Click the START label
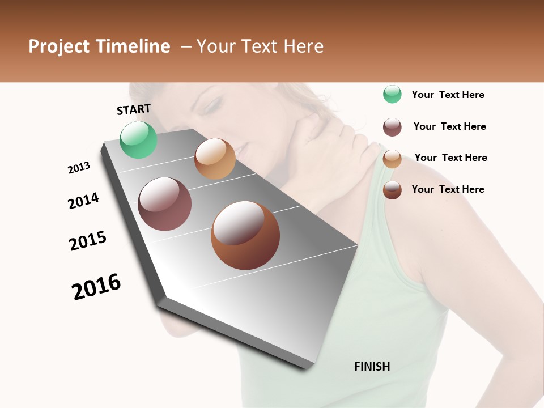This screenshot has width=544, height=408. [134, 109]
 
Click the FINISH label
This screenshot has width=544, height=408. [372, 367]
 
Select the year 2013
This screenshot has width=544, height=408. [79, 168]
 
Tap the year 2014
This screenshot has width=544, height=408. [83, 201]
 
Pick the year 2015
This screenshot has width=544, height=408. [88, 241]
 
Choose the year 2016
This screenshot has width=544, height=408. [96, 287]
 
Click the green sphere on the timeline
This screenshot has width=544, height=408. [138, 139]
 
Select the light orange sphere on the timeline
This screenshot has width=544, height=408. [215, 159]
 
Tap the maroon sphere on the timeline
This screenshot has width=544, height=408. [164, 204]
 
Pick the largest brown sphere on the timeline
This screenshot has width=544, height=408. [245, 235]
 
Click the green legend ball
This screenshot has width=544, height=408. [392, 94]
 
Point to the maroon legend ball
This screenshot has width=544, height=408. [392, 127]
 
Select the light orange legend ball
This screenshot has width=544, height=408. [392, 159]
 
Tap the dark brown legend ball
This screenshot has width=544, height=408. [392, 190]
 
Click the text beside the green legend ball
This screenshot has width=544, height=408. [448, 95]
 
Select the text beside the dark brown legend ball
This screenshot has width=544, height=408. [448, 189]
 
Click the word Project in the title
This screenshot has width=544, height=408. [59, 46]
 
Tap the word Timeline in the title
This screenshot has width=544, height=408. [133, 46]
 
